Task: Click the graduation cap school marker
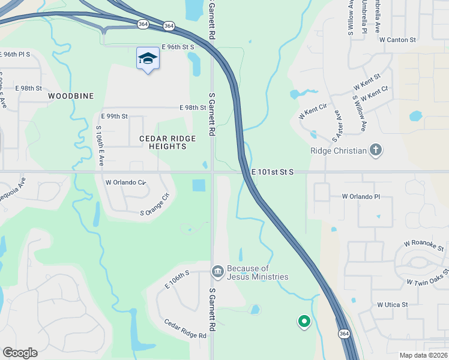pos(148,58)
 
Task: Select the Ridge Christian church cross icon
pos(376,150)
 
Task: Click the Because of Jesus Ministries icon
pos(217,272)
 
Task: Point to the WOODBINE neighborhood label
pos(71,96)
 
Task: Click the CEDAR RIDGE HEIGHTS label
pos(167,142)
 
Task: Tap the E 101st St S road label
pos(273,172)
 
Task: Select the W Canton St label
pos(397,40)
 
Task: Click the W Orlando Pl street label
pos(361,196)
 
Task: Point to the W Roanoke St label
pos(424,245)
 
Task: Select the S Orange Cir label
pos(155,204)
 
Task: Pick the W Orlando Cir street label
pos(125,182)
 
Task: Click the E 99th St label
pos(115,116)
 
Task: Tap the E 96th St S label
pos(177,46)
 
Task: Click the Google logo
pos(20,353)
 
